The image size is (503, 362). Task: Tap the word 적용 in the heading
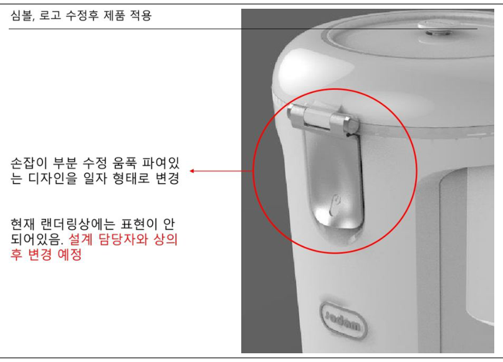[140, 16]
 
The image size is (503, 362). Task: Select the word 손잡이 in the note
[29, 163]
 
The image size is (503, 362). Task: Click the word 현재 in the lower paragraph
[22, 224]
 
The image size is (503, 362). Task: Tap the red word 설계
[80, 239]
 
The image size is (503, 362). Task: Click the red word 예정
[69, 255]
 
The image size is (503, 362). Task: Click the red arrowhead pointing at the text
[192, 171]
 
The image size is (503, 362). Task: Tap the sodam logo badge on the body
[343, 321]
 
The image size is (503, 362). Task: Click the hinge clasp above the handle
[322, 118]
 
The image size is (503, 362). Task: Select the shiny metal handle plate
[333, 180]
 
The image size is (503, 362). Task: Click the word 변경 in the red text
[40, 255]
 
